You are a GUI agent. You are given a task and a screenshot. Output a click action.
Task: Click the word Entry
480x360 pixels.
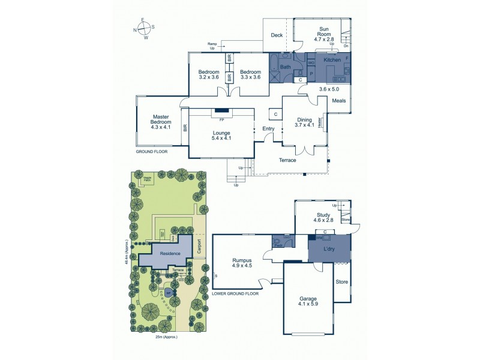click(x=268, y=129)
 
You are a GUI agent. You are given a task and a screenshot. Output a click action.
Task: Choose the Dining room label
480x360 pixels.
click(x=305, y=119)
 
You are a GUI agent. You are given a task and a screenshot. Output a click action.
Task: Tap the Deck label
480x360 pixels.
click(x=277, y=35)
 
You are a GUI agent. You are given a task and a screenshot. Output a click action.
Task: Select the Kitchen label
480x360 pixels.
click(x=332, y=61)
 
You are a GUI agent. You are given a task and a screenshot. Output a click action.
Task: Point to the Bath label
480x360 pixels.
click(x=286, y=67)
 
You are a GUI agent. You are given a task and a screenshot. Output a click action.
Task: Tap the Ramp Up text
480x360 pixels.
click(x=212, y=46)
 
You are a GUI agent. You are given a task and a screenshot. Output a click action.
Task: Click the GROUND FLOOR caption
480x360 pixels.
click(x=152, y=152)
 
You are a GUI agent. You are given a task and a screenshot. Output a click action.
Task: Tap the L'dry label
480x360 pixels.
click(x=329, y=248)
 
